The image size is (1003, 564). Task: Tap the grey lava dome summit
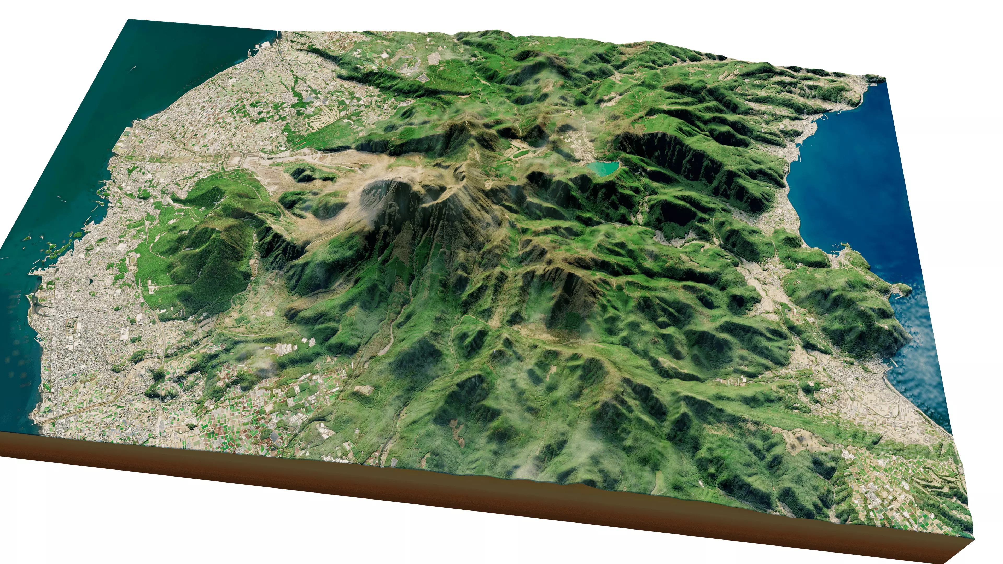pyautogui.click(x=389, y=195)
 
